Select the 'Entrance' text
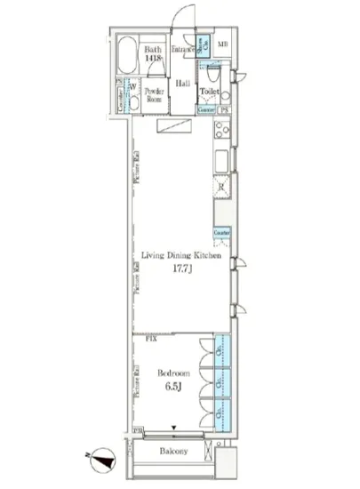coord(183,48)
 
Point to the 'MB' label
coord(223,44)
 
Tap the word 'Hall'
coord(182,84)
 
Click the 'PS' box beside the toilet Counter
coord(225,110)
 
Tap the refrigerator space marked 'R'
coord(220,188)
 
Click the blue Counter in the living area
coord(221,232)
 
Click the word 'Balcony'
coord(173,452)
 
